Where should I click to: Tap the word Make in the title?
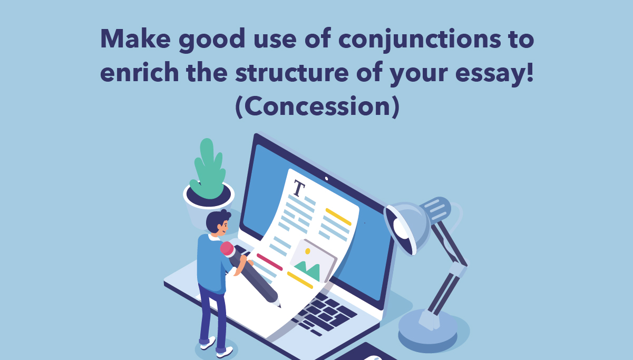click(135, 38)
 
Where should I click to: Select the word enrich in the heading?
click(140, 72)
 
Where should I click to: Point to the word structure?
click(292, 72)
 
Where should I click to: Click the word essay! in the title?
click(494, 73)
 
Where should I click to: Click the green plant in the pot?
click(208, 169)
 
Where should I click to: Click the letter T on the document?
click(299, 188)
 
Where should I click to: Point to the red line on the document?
click(269, 262)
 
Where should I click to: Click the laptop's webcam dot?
click(326, 179)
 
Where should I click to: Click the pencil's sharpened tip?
click(279, 306)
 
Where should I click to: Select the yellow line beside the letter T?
click(338, 217)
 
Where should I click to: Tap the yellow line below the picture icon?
click(300, 280)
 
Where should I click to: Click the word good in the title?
click(212, 40)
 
